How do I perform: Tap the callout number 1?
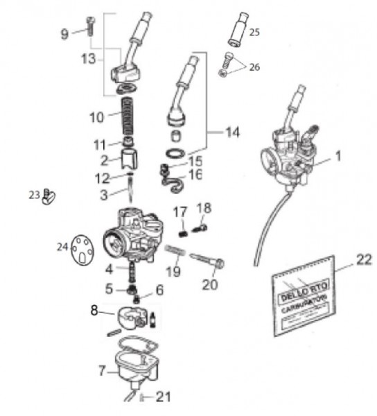click(337, 157)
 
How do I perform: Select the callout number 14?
click(233, 130)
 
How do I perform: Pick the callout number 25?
click(254, 32)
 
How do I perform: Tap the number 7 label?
click(102, 371)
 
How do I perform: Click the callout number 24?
click(62, 246)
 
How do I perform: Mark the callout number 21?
click(162, 397)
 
